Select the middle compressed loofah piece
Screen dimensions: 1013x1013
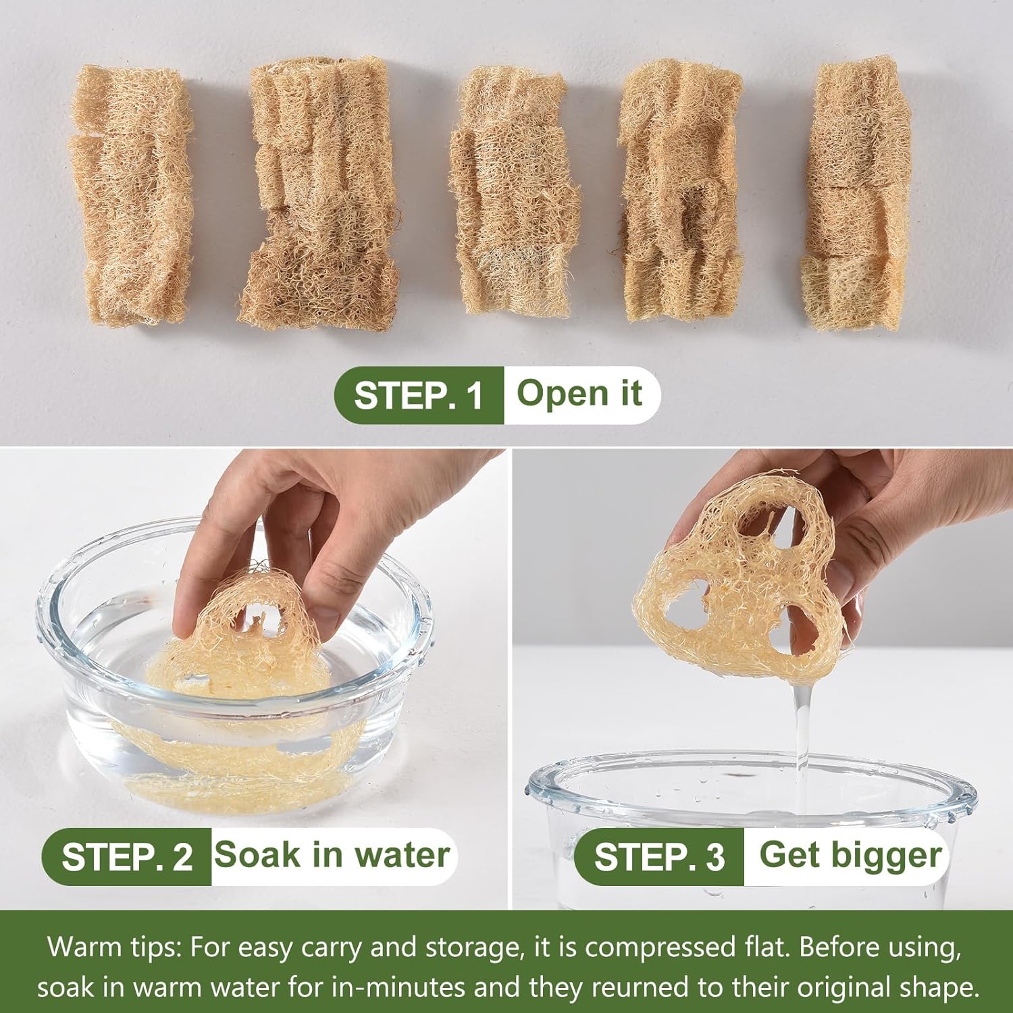coord(515,192)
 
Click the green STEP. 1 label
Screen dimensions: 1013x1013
coord(419,395)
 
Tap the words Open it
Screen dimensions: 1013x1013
coord(579,393)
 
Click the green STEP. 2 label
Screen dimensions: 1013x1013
coord(127,857)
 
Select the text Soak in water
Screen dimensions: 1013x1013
coord(332,855)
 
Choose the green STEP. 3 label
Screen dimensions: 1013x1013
coord(659,857)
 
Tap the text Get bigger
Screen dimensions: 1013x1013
coord(850,856)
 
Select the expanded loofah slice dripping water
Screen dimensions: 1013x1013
coord(743,581)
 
